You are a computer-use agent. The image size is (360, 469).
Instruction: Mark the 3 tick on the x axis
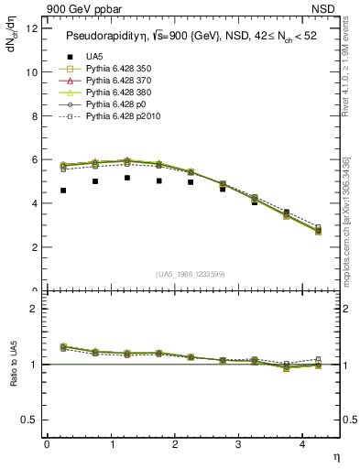pos(238,444)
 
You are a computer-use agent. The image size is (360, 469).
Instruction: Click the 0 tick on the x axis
pos(47,444)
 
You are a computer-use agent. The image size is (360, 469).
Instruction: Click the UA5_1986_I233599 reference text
pos(191,274)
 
